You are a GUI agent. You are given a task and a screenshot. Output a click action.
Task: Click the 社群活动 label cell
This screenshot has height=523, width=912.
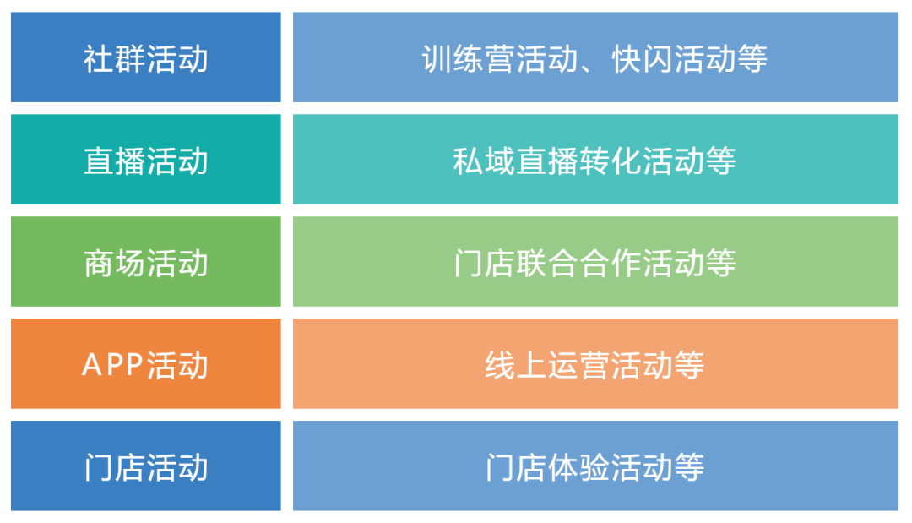pos(145,57)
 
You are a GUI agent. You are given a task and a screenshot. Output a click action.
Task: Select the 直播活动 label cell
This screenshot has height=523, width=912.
pos(145,160)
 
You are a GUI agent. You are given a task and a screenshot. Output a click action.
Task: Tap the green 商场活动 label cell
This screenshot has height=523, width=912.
pos(145,262)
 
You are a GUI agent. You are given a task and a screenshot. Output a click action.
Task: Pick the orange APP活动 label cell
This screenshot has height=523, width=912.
pos(145,364)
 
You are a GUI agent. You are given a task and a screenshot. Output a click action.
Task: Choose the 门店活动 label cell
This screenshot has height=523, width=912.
pos(145,466)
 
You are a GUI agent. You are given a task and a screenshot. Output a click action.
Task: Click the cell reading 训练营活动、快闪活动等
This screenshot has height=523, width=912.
pos(595,57)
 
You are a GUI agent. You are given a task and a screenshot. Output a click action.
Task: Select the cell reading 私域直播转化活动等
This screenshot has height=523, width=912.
pos(595,160)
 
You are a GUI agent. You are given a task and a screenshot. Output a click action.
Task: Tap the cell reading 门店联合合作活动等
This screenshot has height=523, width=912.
pos(595,262)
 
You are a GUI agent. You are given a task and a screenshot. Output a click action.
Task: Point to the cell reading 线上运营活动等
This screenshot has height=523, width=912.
pos(595,364)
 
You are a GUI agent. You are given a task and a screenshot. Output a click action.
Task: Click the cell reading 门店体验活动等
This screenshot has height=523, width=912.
pos(595,466)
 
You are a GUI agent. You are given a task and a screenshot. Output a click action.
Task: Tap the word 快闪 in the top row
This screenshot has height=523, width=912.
pos(643,58)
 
